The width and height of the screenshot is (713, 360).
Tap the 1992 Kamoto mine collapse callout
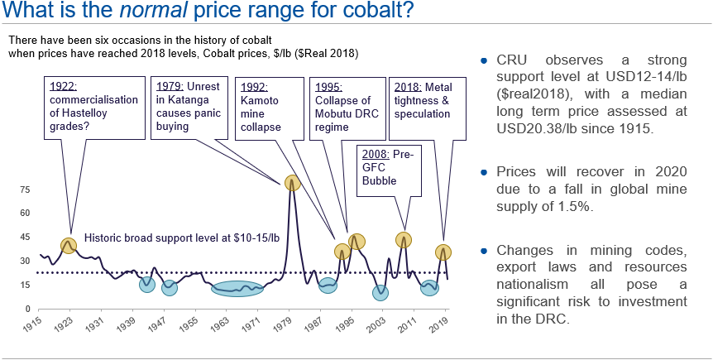coord(266,108)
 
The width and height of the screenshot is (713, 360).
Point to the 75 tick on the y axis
coord(25,190)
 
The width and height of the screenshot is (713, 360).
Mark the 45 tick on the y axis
coord(25,238)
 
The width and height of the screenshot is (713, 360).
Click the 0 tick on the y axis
coord(27,309)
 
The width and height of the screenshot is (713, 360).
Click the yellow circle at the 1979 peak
coord(291,183)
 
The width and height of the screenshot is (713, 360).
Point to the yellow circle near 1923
coord(69,245)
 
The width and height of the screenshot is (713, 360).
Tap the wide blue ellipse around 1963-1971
coord(237,289)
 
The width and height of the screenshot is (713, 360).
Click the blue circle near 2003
coord(380,292)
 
